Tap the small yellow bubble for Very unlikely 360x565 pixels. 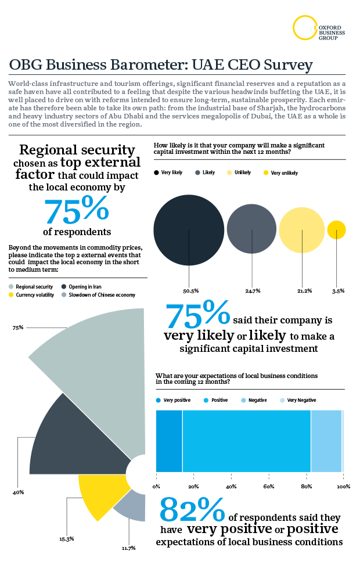tap(337, 230)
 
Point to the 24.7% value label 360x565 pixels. tap(253, 290)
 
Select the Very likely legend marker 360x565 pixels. tap(157, 173)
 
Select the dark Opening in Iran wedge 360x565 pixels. tap(75, 436)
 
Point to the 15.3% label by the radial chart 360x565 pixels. tap(66, 539)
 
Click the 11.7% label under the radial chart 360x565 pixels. tap(129, 548)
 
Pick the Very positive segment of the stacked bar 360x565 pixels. tap(169, 441)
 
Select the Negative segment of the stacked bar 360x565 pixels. tap(326, 441)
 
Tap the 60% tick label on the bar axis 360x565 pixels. tap(269, 486)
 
